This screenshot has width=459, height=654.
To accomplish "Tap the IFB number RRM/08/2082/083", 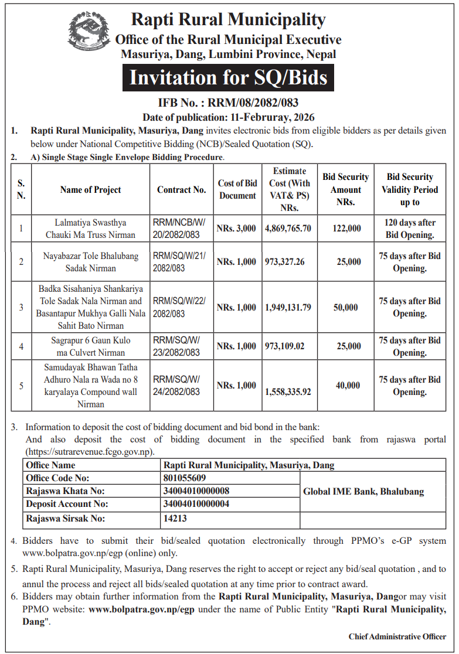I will click(x=229, y=103).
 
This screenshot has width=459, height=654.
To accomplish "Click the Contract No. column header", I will click(x=181, y=190).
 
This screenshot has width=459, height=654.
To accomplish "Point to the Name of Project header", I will click(x=90, y=190).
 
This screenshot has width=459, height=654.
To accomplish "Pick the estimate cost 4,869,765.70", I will click(x=288, y=229).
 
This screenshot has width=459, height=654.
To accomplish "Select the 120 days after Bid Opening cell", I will click(x=410, y=229).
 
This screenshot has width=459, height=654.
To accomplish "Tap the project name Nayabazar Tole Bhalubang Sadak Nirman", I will click(x=90, y=262).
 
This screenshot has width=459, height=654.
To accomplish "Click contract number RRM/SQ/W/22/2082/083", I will click(x=181, y=308).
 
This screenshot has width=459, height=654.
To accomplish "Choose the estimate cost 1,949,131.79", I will click(x=288, y=308).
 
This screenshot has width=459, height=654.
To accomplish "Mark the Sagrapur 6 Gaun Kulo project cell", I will click(x=90, y=346).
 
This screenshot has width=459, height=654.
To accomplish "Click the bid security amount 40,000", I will click(x=348, y=386).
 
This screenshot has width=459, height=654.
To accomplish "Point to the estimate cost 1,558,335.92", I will click(x=288, y=391).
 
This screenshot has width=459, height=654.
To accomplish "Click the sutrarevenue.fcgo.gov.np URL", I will click(x=90, y=452).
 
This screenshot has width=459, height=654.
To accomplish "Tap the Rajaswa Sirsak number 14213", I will click(x=176, y=518).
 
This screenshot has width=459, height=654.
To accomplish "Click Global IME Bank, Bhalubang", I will click(x=363, y=492).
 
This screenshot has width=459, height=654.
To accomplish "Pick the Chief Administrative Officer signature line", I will click(x=397, y=636).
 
